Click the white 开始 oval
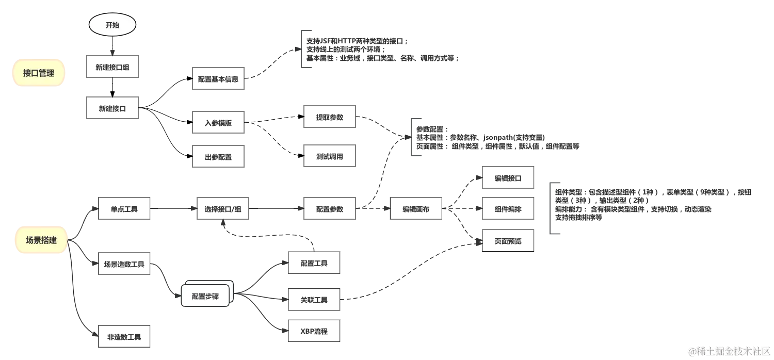pos(112,25)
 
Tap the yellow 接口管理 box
pos(39,73)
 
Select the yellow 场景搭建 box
pos(41,240)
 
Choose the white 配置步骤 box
pos(205,297)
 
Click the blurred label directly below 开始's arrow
pos(114,68)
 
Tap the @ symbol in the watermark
pos(692,351)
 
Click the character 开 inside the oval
pos(108,25)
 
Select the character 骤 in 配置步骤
pos(215,297)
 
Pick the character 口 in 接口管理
pos(35,73)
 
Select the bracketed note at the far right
pos(650,206)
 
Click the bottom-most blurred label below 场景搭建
pos(125,337)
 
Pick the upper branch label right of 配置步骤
pos(313,264)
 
